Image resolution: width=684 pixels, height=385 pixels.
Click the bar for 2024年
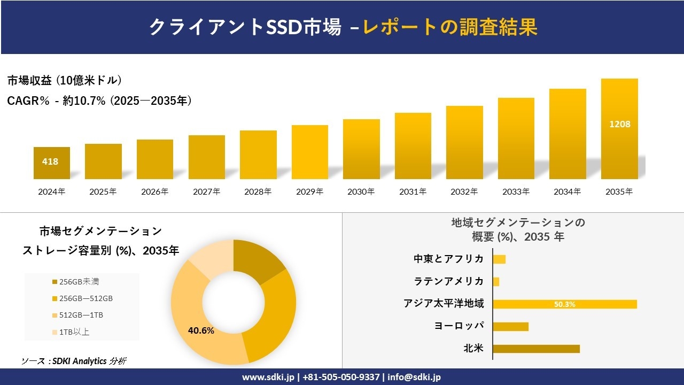pyautogui.click(x=52, y=163)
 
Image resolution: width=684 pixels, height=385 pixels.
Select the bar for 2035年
pyautogui.click(x=619, y=129)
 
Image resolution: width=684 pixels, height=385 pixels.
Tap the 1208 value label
pyautogui.click(x=620, y=124)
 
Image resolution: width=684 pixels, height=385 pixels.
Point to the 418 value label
pyautogui.click(x=50, y=161)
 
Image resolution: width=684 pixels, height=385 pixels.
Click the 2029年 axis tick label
pyautogui.click(x=310, y=191)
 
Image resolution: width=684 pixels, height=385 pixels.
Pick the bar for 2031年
pyautogui.click(x=413, y=146)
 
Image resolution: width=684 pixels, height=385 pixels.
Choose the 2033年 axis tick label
pyautogui.click(x=516, y=191)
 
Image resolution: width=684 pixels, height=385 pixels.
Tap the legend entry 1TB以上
pyautogui.click(x=75, y=332)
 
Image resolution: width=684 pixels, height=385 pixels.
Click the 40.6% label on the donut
pyautogui.click(x=201, y=330)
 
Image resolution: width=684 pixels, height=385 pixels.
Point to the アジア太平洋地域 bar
pyautogui.click(x=565, y=304)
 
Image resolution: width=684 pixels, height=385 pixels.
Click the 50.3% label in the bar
pyautogui.click(x=565, y=304)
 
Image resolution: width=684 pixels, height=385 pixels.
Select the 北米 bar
pyautogui.click(x=536, y=349)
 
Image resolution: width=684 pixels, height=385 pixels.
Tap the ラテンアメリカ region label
pyautogui.click(x=449, y=281)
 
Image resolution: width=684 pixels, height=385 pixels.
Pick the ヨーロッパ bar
pyautogui.click(x=510, y=326)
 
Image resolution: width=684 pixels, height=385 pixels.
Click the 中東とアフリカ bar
pyautogui.click(x=499, y=259)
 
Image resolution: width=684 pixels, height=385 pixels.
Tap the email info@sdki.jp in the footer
pyautogui.click(x=415, y=377)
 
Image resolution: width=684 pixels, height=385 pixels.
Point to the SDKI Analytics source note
pyautogui.click(x=74, y=361)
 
